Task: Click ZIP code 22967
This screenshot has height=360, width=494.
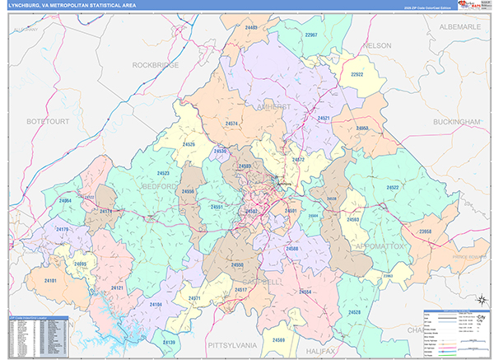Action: point(310,35)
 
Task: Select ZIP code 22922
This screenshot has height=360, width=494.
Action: point(357,74)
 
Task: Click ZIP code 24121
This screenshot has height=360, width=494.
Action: point(117,288)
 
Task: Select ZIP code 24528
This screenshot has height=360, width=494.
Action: point(354,312)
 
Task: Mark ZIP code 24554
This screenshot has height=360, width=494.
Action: point(305,292)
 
